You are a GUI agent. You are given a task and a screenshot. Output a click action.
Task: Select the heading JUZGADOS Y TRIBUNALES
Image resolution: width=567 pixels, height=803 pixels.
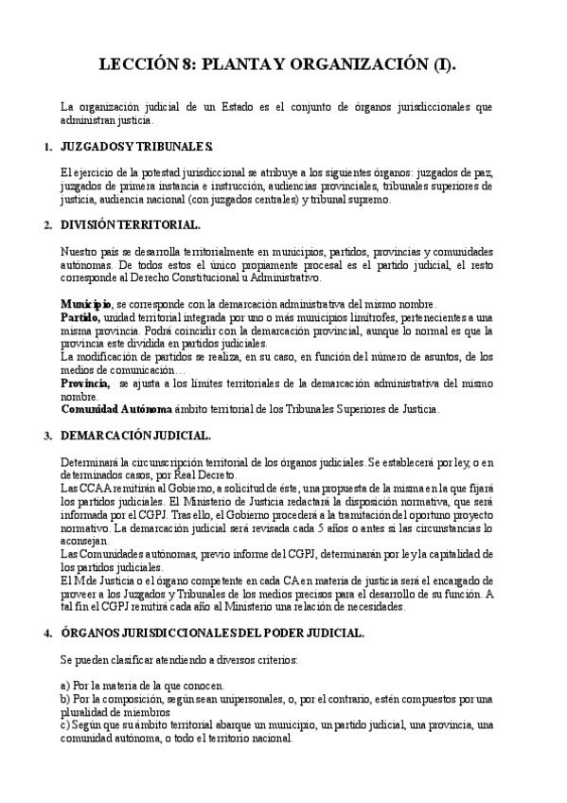(x=135, y=150)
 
